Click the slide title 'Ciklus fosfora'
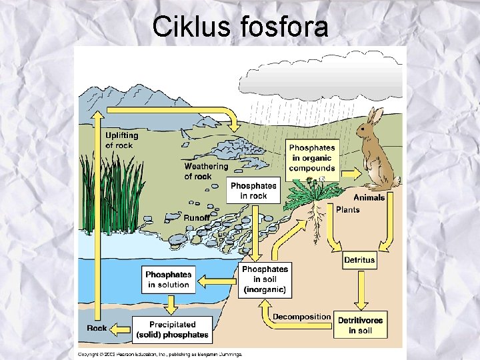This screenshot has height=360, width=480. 240,27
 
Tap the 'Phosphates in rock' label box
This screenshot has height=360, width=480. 253,190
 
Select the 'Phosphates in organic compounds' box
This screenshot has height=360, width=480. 312,158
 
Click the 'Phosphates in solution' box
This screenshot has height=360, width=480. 168,279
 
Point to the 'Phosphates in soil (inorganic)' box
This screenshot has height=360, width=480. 265,279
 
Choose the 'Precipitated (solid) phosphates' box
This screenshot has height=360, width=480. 172,330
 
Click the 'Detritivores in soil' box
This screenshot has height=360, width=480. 360,325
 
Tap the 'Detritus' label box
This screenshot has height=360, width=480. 359,259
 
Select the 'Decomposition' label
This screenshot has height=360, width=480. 301,317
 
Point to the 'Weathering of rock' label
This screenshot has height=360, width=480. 205,171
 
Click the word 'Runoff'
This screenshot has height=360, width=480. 197,218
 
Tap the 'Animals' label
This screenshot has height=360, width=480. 369,197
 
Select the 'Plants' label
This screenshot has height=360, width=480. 347,210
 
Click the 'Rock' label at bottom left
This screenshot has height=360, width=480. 97,328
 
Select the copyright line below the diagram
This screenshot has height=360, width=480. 160,353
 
